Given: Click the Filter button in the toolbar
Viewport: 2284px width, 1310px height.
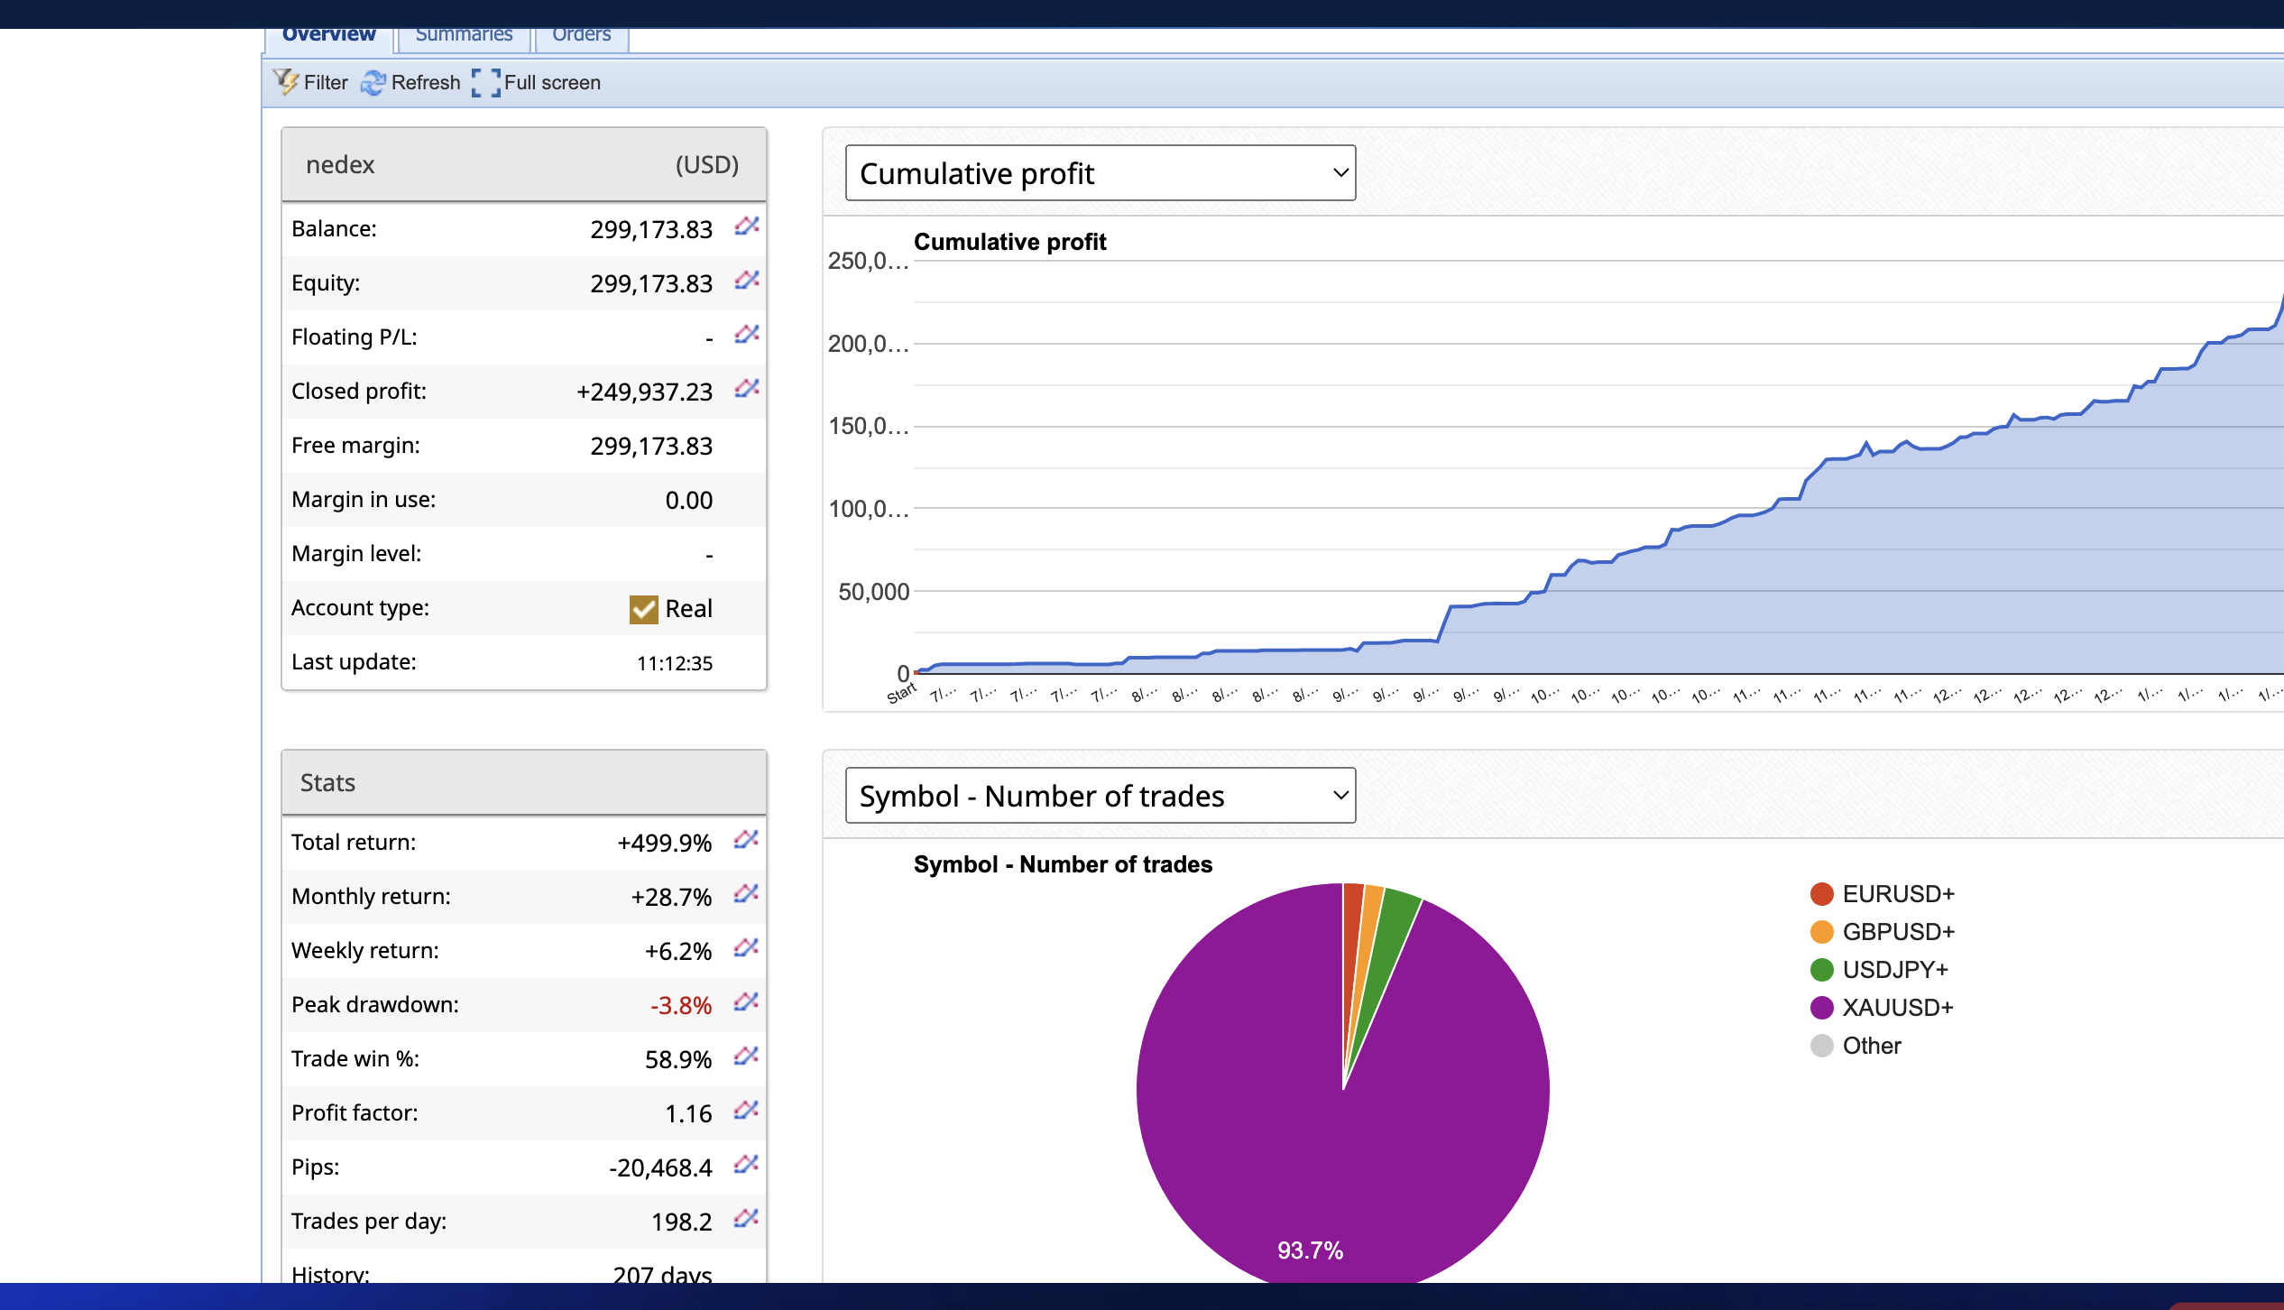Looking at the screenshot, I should click(x=311, y=82).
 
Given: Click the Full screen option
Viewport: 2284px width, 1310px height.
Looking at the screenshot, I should click(x=537, y=82).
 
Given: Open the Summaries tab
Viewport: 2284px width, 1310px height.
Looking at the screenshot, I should click(x=464, y=35).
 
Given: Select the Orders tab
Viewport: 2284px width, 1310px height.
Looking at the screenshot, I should click(x=581, y=35).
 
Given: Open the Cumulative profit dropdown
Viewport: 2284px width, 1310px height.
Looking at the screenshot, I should click(x=1100, y=172).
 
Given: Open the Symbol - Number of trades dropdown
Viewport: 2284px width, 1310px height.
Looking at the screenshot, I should click(x=1100, y=795).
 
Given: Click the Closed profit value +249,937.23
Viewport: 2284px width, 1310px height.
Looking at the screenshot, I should click(x=644, y=392).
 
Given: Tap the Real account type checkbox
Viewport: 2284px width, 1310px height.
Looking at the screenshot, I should click(x=643, y=609).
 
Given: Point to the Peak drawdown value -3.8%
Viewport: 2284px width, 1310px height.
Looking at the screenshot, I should click(x=681, y=1005).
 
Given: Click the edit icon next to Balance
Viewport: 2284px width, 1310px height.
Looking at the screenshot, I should click(x=746, y=226).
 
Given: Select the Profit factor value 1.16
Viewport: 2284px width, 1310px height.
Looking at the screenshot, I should click(x=688, y=1113).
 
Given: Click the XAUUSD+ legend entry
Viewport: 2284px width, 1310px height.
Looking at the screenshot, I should click(x=1896, y=1007).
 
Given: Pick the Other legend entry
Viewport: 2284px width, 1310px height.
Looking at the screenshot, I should click(x=1871, y=1045).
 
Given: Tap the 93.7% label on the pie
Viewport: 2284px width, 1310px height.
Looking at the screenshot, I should click(x=1310, y=1250).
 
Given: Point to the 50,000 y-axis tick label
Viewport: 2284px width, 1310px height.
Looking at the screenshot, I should click(x=873, y=592).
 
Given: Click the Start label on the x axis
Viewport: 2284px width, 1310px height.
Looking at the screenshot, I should click(x=901, y=693).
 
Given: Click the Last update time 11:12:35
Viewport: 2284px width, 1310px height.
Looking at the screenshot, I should click(x=674, y=663).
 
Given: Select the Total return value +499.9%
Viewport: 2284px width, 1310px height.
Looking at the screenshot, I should click(x=664, y=843).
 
